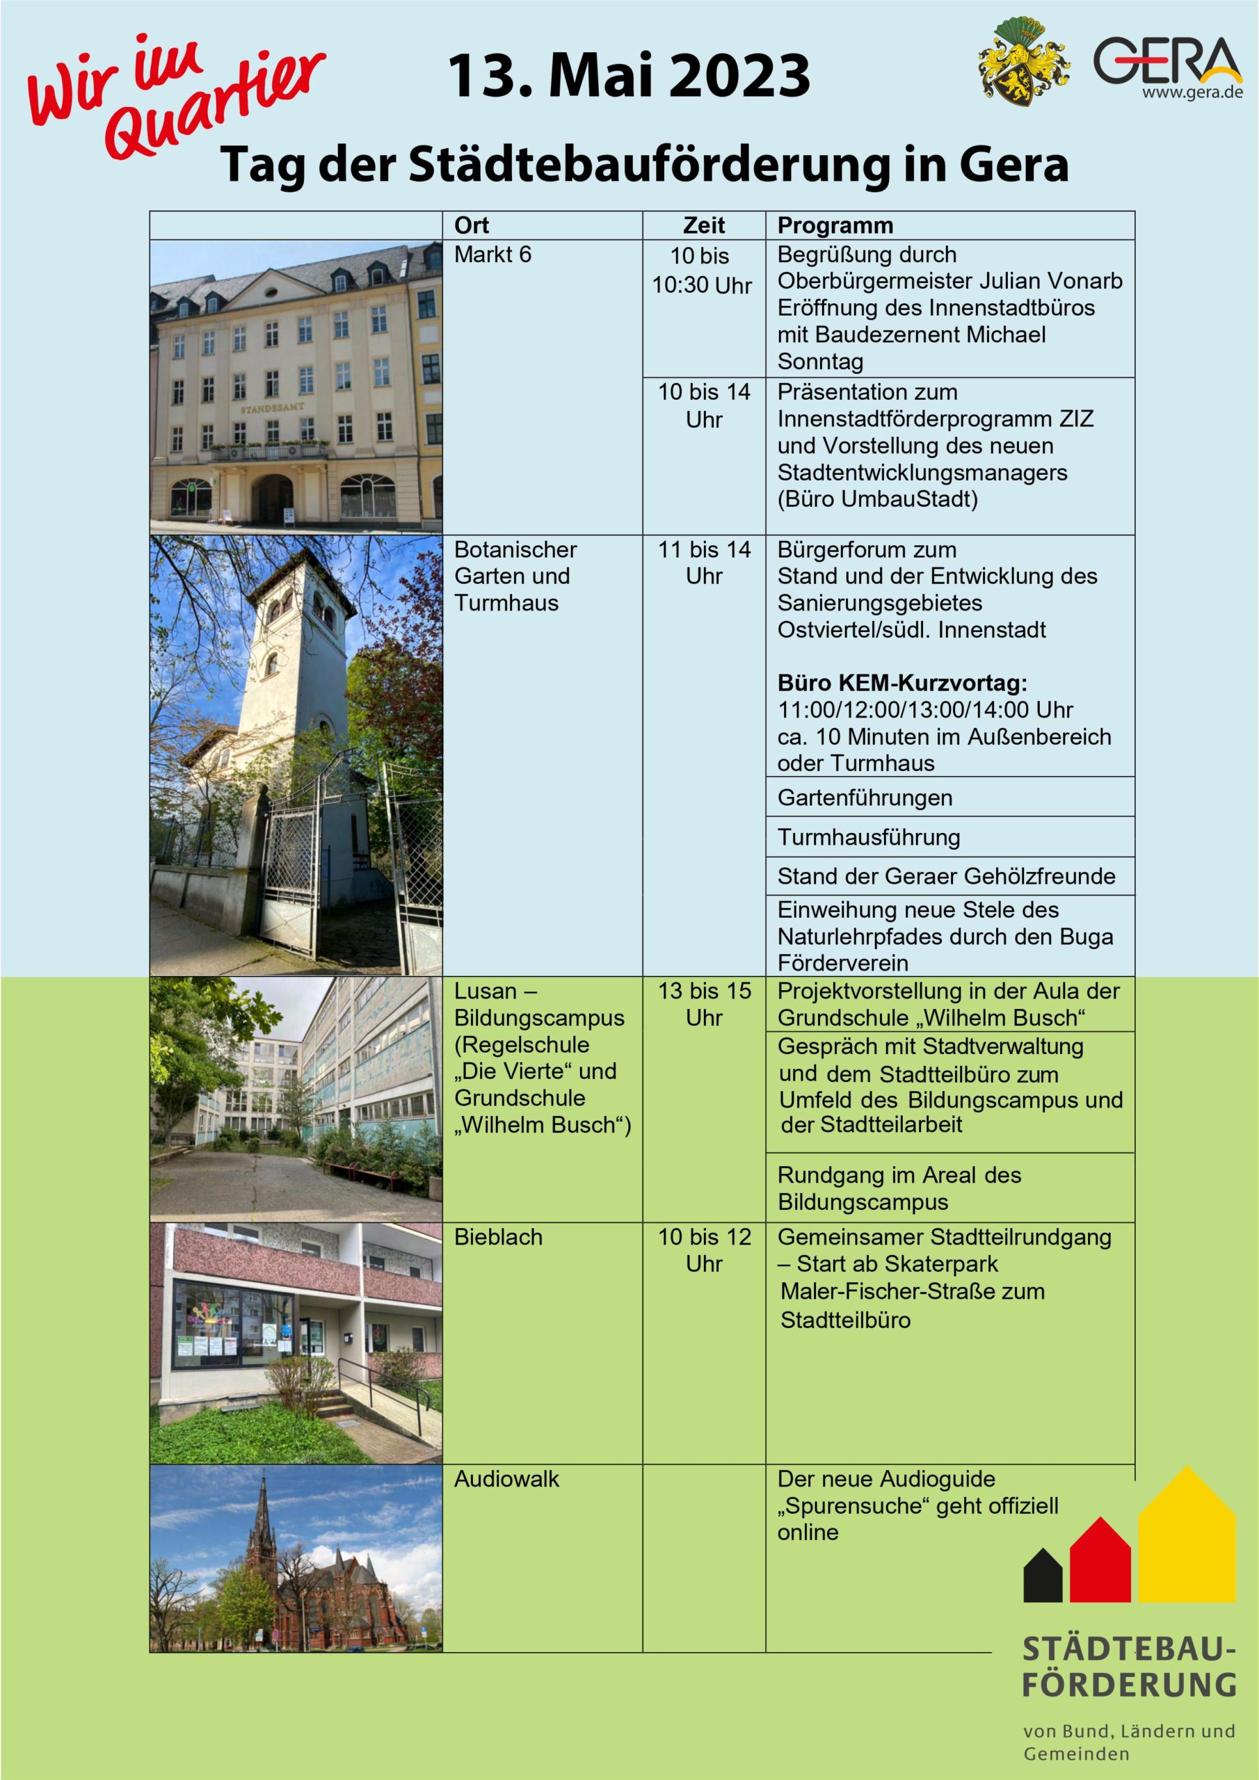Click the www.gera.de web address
[x=1192, y=93]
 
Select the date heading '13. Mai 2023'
[x=629, y=76]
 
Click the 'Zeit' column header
[x=704, y=225]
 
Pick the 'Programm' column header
[x=835, y=225]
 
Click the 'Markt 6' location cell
[x=492, y=254]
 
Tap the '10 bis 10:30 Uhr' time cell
[x=701, y=270]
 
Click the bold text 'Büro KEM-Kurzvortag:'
[x=902, y=683]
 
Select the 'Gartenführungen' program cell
[x=865, y=798]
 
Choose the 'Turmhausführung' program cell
[x=869, y=837]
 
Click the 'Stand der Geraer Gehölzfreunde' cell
[x=947, y=876]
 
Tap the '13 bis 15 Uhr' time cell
[x=705, y=1004]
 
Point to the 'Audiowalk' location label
[x=506, y=1478]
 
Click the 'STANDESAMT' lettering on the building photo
[x=271, y=407]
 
